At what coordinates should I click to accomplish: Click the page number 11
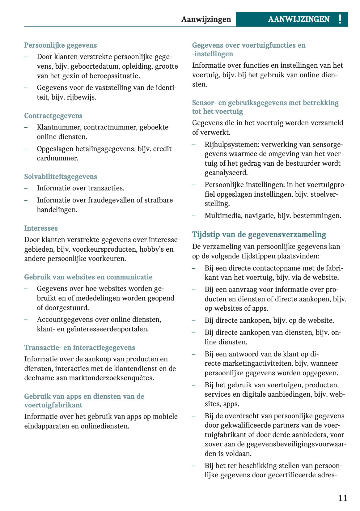[342, 498]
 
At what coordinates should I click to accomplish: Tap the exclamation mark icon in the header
[340, 19]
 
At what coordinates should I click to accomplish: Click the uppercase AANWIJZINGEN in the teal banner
[299, 19]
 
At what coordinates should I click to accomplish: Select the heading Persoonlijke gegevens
[60, 45]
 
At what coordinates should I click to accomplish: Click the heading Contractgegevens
[53, 116]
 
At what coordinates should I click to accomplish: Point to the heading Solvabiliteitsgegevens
[61, 177]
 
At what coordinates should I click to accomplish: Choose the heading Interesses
[41, 228]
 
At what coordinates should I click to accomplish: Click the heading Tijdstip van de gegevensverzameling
[259, 234]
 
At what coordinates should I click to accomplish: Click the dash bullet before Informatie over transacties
[26, 188]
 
